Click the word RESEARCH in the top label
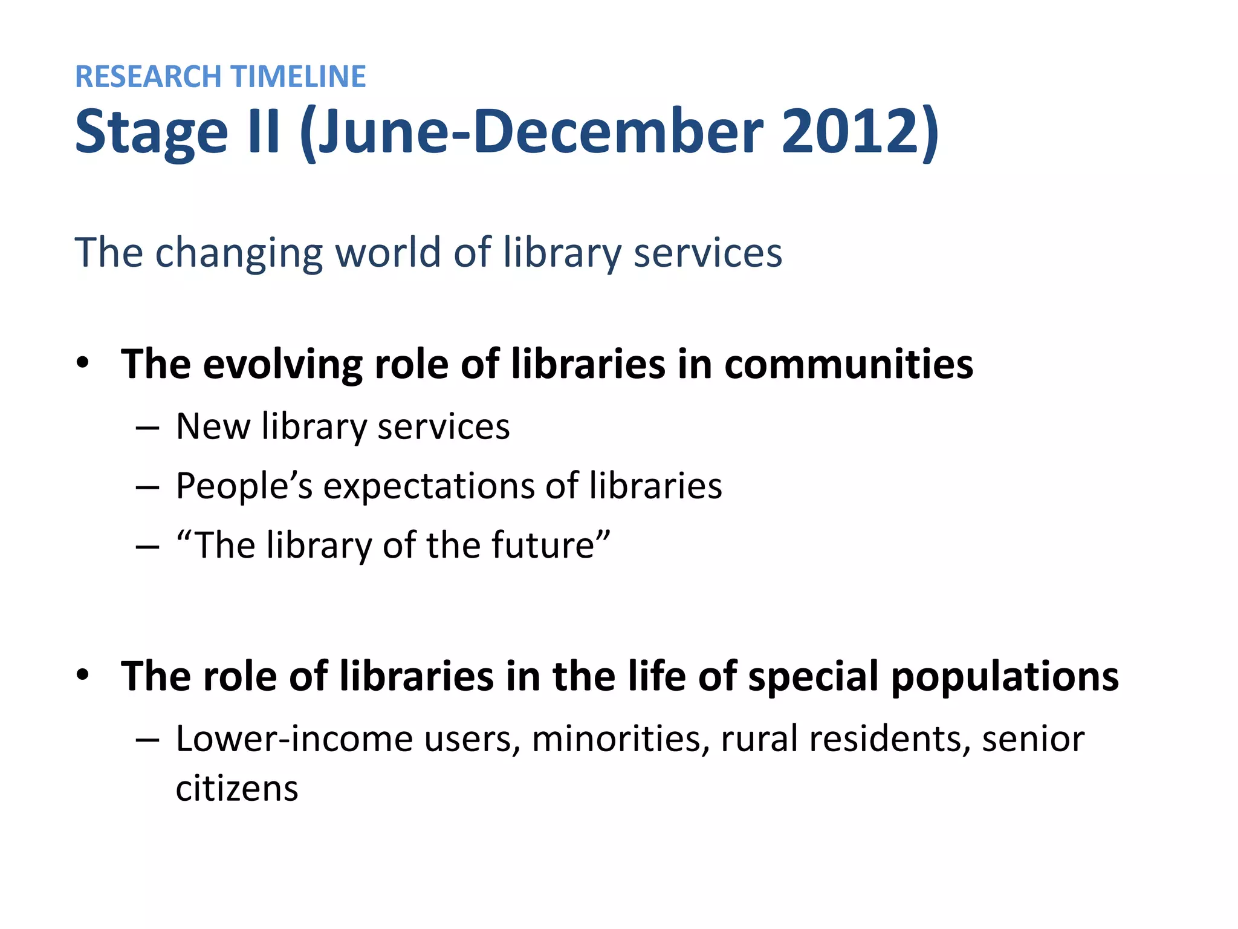pyautogui.click(x=149, y=77)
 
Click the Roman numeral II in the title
pyautogui.click(x=264, y=131)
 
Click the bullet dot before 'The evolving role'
pyautogui.click(x=83, y=363)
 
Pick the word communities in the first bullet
pyautogui.click(x=849, y=364)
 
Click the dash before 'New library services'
pyautogui.click(x=147, y=428)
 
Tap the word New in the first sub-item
pyautogui.click(x=213, y=426)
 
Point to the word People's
pyautogui.click(x=244, y=486)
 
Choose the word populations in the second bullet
pyautogui.click(x=1005, y=677)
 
